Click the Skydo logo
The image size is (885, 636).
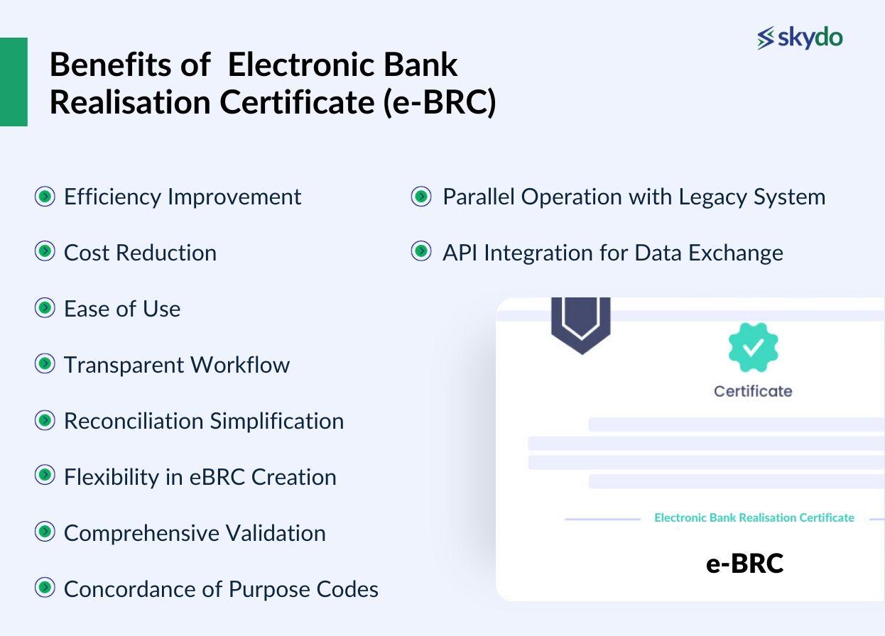point(800,38)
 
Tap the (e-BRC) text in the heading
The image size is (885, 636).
point(439,102)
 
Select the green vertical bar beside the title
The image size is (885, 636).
point(13,82)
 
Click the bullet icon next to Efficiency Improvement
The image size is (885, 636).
point(45,196)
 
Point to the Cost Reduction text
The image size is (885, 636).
point(140,253)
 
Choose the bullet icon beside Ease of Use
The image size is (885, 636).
point(45,308)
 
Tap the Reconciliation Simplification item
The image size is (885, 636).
point(203,421)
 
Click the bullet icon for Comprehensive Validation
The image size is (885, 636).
point(45,532)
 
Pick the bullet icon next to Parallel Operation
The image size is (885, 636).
point(421,196)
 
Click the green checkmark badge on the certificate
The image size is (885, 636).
point(753,347)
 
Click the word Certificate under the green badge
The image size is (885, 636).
point(753,391)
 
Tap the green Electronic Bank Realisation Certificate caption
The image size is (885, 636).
point(754,518)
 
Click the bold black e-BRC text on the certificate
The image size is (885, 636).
point(744,564)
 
